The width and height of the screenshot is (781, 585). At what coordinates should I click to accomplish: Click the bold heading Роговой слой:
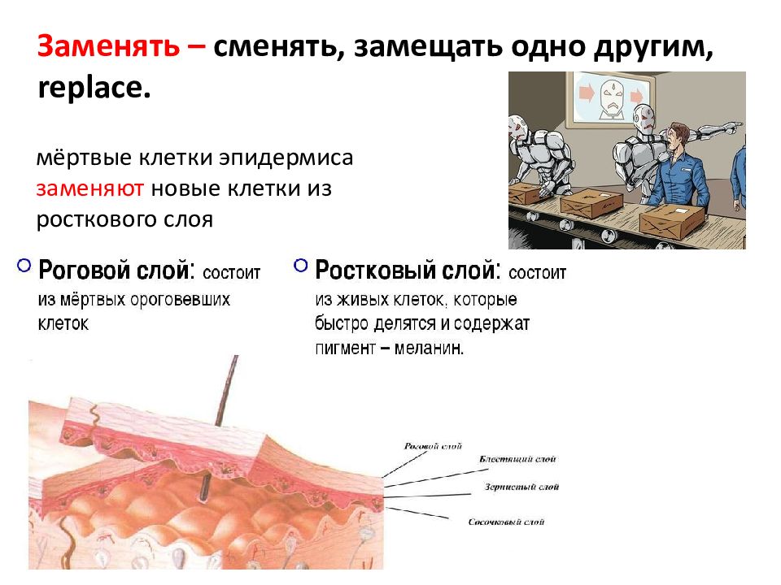(117, 271)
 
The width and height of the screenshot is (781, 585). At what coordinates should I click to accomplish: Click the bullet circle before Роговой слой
(24, 266)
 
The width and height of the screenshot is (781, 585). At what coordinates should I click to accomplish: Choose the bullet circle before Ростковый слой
(301, 266)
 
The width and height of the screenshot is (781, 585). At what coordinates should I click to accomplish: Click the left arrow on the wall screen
(585, 93)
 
